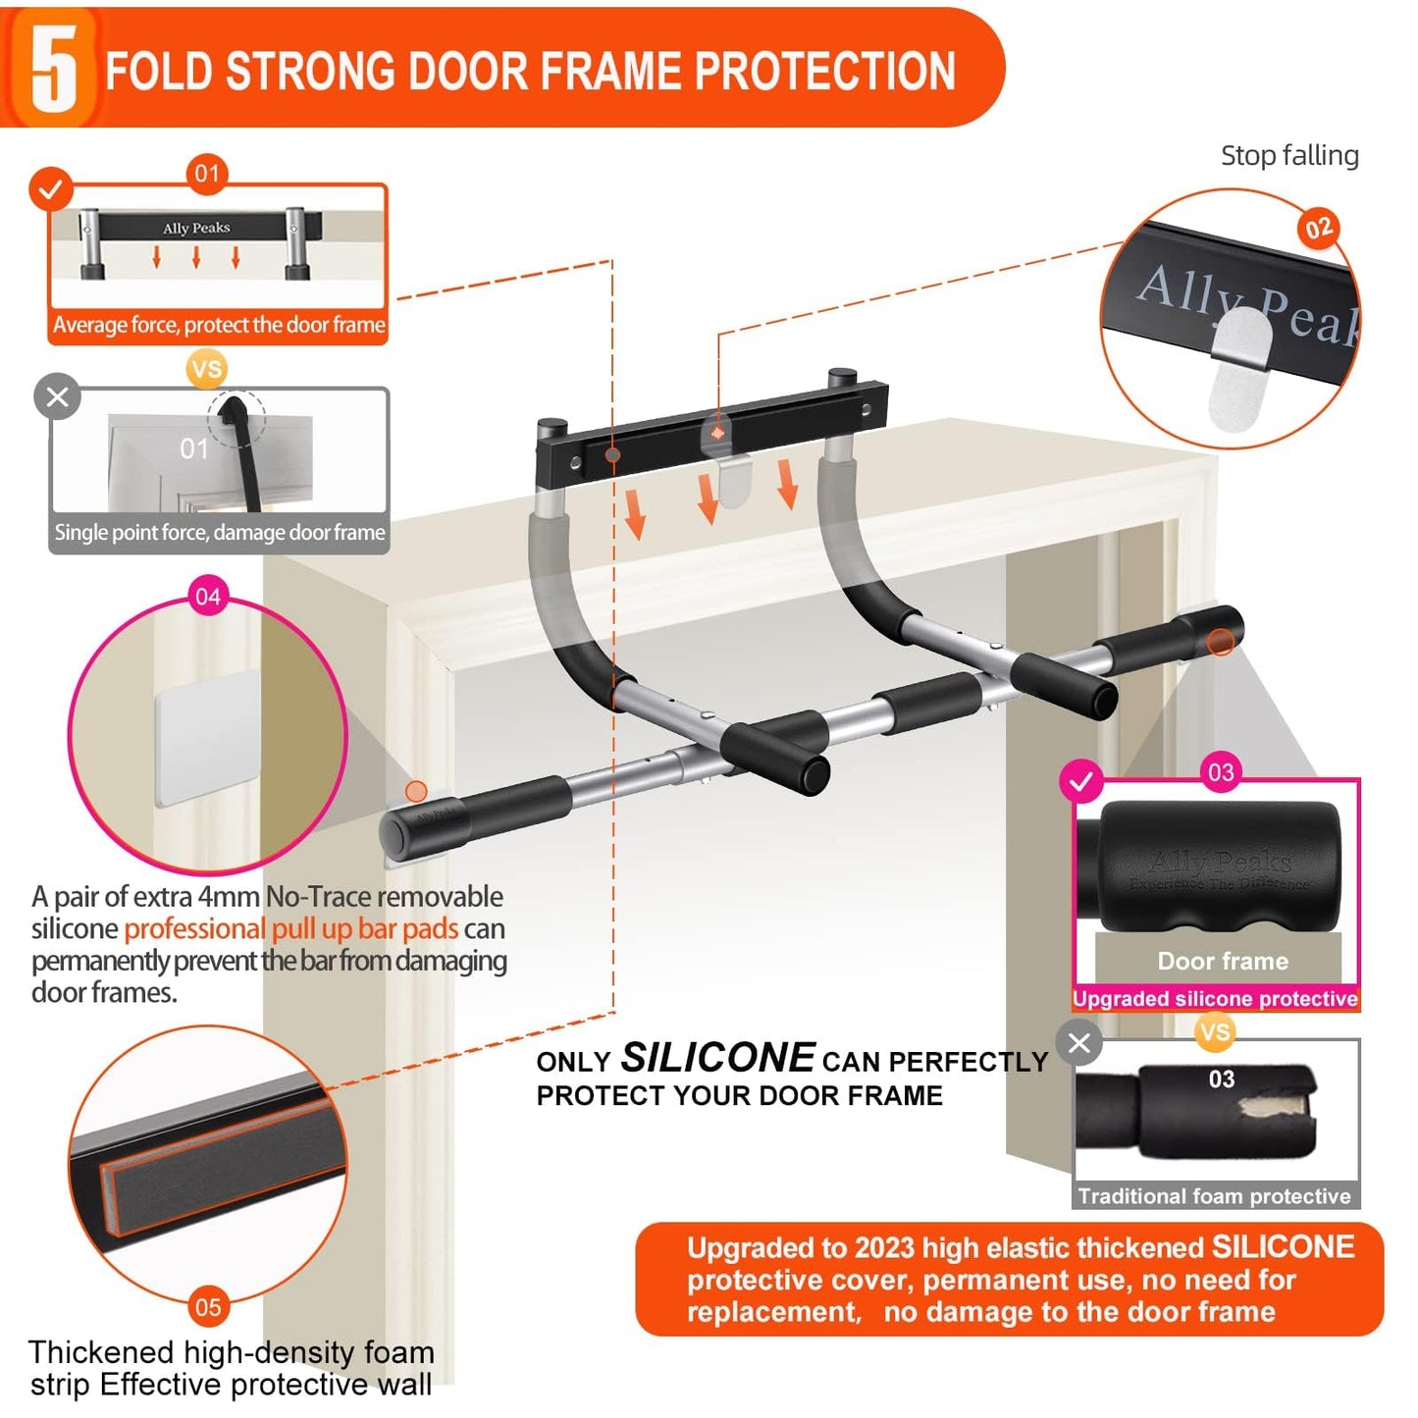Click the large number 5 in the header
[x=53, y=69]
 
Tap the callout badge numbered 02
[x=1318, y=229]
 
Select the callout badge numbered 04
[x=208, y=597]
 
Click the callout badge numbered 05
[x=208, y=1306]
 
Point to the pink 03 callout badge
[x=1221, y=772]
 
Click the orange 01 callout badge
[x=207, y=174]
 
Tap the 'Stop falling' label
[x=1288, y=156]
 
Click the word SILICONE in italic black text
[x=717, y=1058]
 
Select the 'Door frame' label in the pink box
[x=1223, y=961]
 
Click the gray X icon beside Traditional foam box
[x=1079, y=1042]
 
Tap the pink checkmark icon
[x=1081, y=782]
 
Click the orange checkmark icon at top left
[x=51, y=188]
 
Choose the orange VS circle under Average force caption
[x=207, y=369]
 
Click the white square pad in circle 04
[x=208, y=736]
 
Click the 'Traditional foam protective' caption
[x=1214, y=1195]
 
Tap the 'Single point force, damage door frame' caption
[x=220, y=533]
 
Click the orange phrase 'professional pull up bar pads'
[x=291, y=928]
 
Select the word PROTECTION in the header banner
[x=824, y=71]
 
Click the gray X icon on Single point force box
[x=58, y=396]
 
